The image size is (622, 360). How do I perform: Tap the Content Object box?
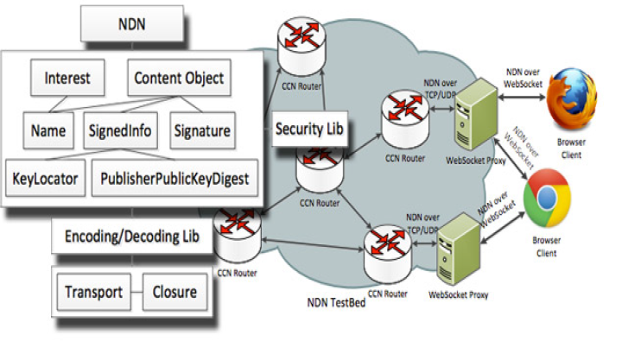pos(180,79)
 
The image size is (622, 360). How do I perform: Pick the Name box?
pos(50,131)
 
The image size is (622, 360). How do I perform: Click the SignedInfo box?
pos(120,131)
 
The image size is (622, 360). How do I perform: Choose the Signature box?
pos(200,131)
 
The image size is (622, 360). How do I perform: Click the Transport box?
pos(93,292)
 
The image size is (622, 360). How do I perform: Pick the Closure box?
pos(175,292)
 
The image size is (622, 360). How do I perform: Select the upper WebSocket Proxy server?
pos(473,117)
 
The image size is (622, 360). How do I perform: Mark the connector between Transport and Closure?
pos(136,292)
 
